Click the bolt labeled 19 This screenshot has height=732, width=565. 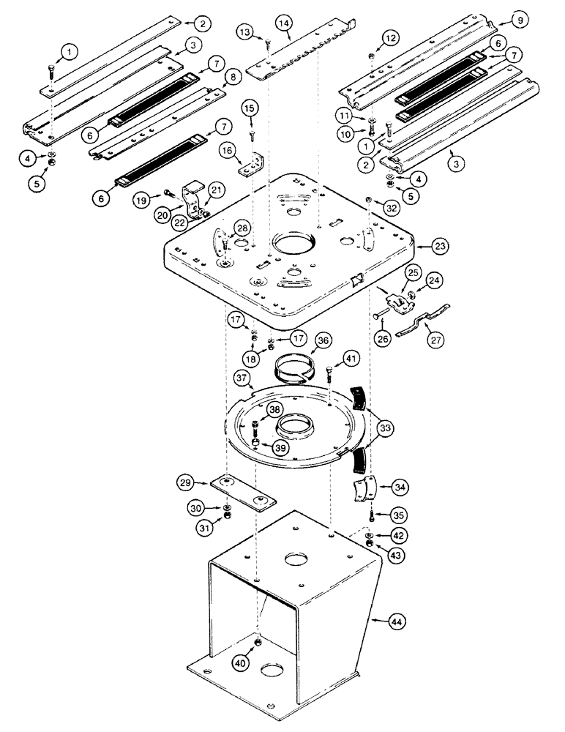[171, 194]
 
